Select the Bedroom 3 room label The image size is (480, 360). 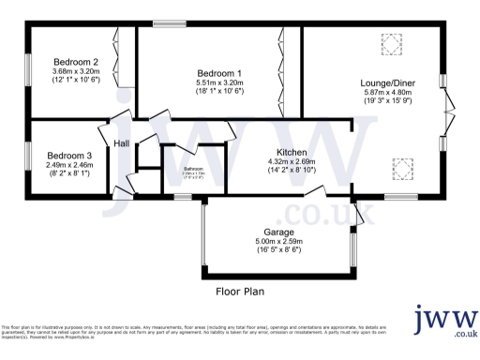click(x=70, y=156)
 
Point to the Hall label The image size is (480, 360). click(x=122, y=143)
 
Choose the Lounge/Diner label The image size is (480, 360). click(x=388, y=82)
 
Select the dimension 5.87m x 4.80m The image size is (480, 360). click(x=388, y=93)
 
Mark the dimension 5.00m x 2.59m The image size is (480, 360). click(x=279, y=241)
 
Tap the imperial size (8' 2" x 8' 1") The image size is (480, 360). click(x=70, y=173)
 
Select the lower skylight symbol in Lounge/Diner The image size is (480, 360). click(x=402, y=168)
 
